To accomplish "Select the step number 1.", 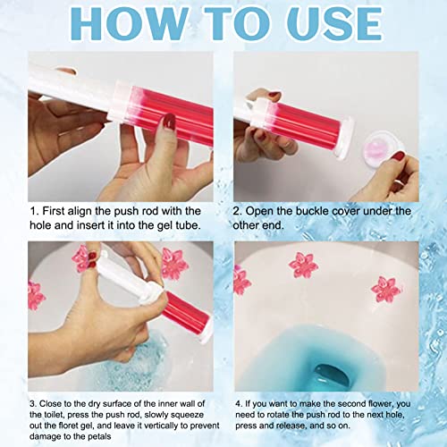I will pyautogui.click(x=34, y=211).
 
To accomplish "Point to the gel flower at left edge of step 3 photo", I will pyautogui.click(x=36, y=295).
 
